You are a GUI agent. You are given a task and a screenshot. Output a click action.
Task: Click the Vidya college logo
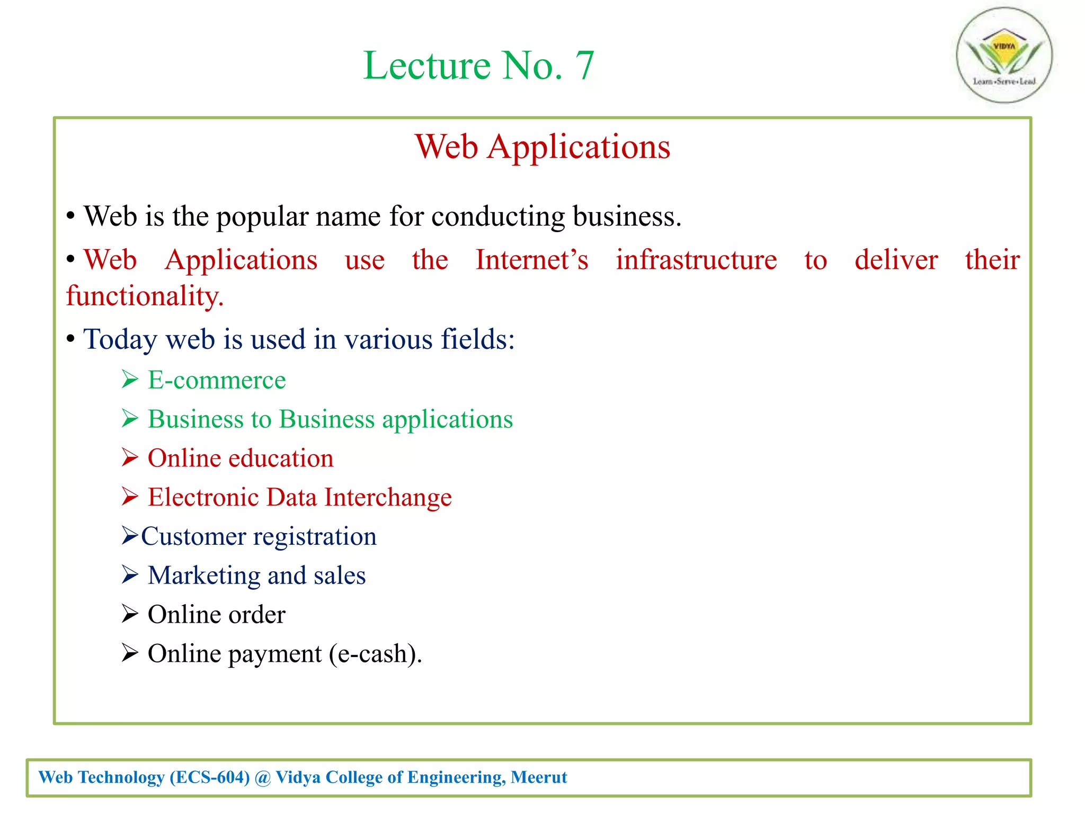point(1004,55)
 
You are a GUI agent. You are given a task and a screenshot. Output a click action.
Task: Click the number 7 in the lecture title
point(584,66)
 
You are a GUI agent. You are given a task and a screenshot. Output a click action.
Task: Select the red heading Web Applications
point(542,147)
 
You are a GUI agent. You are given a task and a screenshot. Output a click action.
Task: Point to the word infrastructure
point(696,260)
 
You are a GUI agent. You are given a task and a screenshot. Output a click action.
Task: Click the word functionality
point(145,296)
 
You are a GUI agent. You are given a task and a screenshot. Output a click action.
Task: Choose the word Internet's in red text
point(531,260)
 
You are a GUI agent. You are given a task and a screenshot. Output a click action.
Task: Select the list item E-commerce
point(216,380)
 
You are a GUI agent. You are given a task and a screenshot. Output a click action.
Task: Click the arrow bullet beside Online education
point(130,457)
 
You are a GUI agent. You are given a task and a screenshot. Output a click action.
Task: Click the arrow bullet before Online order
point(130,614)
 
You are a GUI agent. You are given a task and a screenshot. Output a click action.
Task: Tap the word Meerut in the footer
point(539,777)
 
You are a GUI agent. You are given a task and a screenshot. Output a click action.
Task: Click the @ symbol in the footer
point(262,778)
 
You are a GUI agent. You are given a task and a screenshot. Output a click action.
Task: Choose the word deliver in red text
point(896,260)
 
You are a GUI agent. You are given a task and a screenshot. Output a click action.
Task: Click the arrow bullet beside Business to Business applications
point(130,419)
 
